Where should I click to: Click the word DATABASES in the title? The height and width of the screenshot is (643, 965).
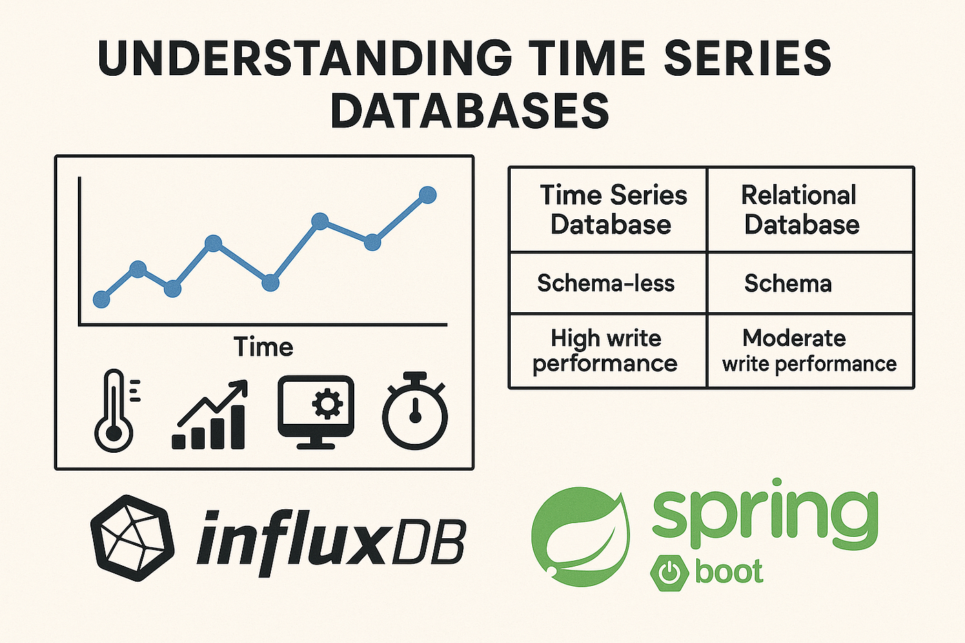coord(469,111)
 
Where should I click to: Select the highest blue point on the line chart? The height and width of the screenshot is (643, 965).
coord(428,195)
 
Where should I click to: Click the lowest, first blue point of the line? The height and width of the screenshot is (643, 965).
coord(102,299)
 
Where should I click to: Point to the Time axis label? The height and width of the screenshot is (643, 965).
coord(263,347)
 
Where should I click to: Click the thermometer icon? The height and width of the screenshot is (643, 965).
coord(116,410)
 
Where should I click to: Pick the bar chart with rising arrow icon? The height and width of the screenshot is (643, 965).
coord(210,415)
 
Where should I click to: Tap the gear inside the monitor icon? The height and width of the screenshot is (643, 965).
coord(327,403)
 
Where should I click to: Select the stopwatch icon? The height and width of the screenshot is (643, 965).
coord(415,411)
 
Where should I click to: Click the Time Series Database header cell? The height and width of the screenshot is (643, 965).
coord(608,210)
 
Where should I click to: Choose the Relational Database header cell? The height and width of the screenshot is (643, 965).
coord(811,210)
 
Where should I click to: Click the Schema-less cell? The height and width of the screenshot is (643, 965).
coord(608,283)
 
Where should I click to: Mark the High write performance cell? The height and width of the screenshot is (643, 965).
coord(608,351)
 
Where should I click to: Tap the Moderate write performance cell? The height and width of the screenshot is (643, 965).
coord(811,351)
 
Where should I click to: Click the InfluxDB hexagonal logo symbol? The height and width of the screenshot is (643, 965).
coord(132,538)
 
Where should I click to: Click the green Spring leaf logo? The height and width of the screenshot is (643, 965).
coord(581,538)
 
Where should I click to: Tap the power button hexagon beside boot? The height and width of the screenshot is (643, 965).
coord(669,573)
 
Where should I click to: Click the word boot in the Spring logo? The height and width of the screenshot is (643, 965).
coord(729,571)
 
